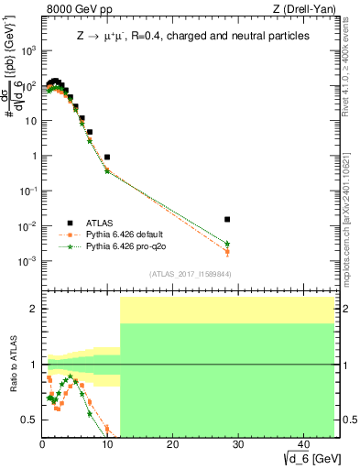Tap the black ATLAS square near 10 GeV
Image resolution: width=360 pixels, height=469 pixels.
[x=107, y=158]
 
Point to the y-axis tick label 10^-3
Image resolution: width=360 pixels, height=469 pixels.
[x=27, y=261]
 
